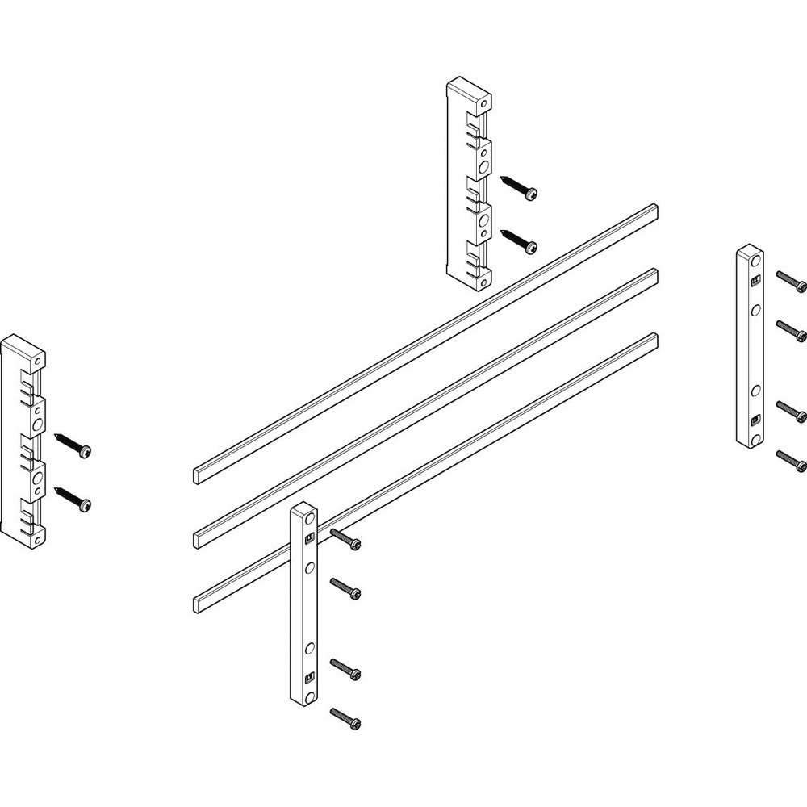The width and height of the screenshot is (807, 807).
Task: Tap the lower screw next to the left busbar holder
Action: [x=73, y=497]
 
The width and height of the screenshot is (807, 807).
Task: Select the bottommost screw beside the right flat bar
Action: [x=791, y=461]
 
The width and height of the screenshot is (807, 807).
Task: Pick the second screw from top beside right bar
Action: [x=791, y=328]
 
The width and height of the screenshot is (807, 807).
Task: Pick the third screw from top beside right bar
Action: [x=791, y=411]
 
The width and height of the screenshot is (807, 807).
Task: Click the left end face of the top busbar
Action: [x=200, y=475]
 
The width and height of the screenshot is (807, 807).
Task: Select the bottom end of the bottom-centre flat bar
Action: [x=304, y=694]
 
